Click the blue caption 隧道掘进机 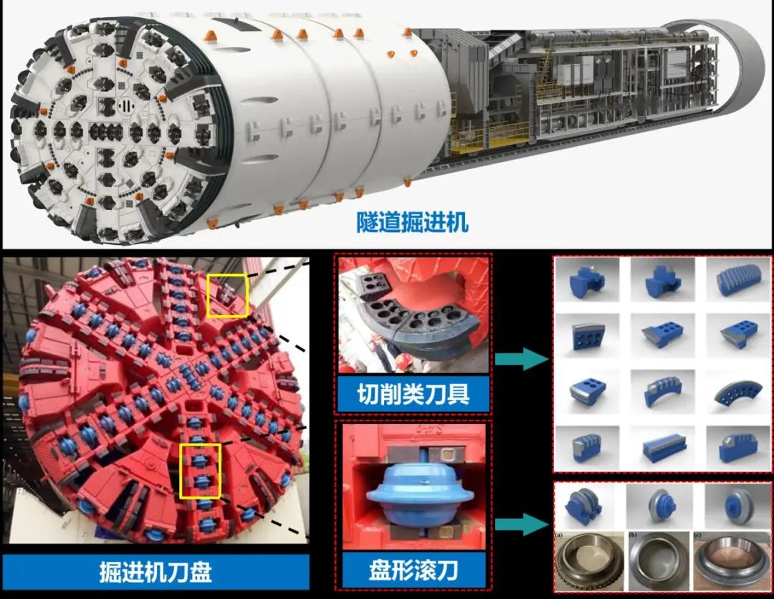click(412, 223)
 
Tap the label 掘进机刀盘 click(156, 572)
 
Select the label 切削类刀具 click(414, 394)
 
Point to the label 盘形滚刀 click(414, 570)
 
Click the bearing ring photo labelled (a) click(589, 562)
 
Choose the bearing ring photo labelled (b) click(659, 562)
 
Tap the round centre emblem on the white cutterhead click(126, 105)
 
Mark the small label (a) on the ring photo click(560, 535)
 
